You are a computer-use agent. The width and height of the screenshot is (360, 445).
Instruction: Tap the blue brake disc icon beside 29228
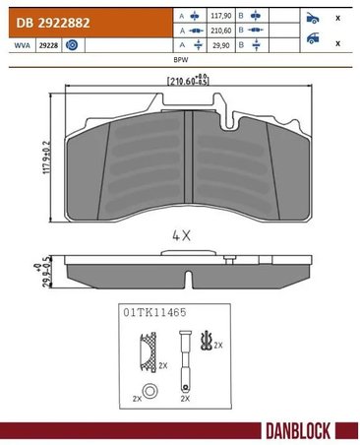(73, 46)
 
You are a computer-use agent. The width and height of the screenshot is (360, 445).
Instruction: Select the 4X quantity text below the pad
(179, 237)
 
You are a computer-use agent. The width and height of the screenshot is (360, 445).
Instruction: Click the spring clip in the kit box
(205, 344)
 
